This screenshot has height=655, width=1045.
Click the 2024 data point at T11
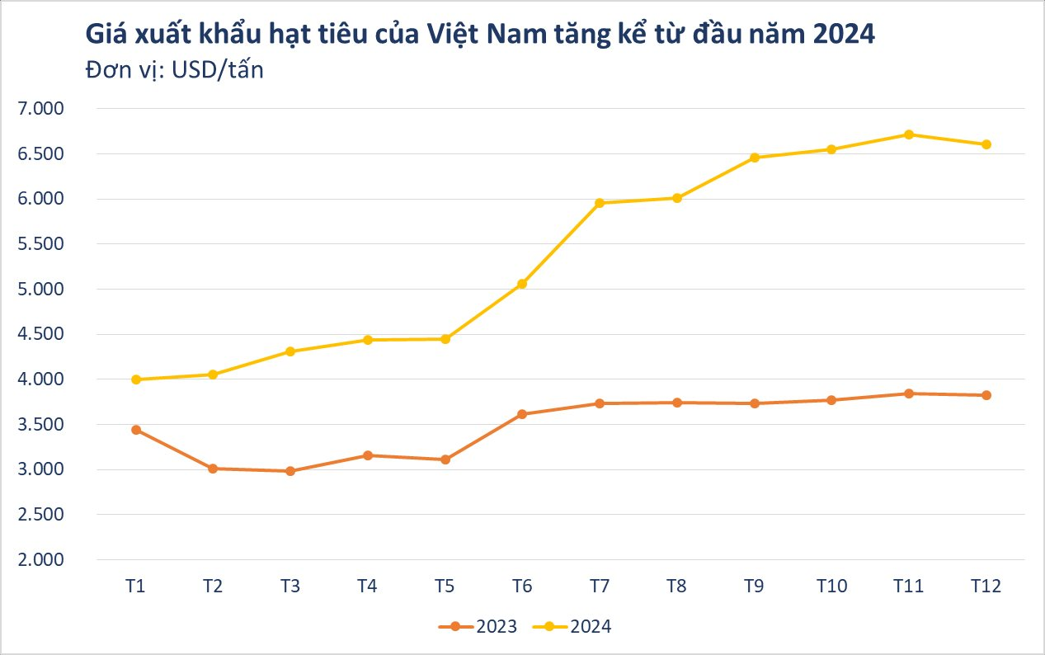coord(908,134)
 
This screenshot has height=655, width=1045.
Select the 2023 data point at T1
coord(136,430)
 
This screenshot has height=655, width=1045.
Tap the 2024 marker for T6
coord(522,284)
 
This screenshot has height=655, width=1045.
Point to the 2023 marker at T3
coord(290,471)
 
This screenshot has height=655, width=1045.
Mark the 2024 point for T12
coord(986,144)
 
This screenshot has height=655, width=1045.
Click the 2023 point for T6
coord(522,414)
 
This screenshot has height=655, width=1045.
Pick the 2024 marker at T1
coord(136,379)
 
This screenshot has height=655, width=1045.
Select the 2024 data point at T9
coord(754,158)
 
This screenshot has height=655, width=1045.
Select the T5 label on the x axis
coord(445,587)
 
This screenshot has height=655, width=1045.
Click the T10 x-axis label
coord(831,587)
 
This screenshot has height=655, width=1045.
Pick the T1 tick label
coord(136,587)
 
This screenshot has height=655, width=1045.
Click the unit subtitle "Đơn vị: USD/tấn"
coord(174,70)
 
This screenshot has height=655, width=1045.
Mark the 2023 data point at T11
coord(908,393)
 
